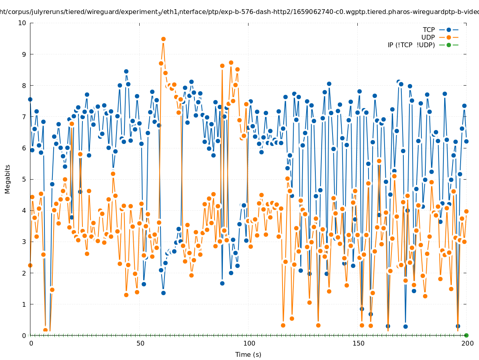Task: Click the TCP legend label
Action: click(x=429, y=30)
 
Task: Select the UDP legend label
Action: click(x=428, y=37)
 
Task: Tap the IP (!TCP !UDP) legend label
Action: click(x=411, y=45)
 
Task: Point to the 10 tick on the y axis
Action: click(x=22, y=23)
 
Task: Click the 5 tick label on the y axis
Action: click(x=24, y=179)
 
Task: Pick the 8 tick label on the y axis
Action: click(x=24, y=85)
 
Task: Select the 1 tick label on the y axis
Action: click(x=24, y=304)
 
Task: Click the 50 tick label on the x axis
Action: click(x=140, y=343)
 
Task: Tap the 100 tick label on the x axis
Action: click(x=249, y=343)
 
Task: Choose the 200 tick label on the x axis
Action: click(x=467, y=343)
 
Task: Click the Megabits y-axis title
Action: click(x=8, y=179)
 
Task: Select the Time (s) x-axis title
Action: click(x=248, y=354)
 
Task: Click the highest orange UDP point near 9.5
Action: click(x=163, y=39)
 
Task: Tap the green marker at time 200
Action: click(x=466, y=335)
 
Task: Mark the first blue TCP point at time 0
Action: click(x=30, y=99)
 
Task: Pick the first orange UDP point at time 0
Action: click(x=30, y=265)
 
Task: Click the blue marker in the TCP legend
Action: click(x=449, y=30)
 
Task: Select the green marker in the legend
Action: click(x=449, y=45)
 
